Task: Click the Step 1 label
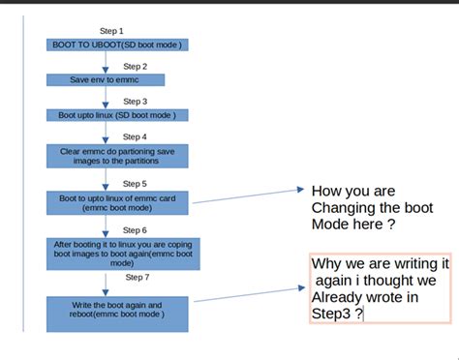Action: (111, 31)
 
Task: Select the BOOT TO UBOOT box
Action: (117, 45)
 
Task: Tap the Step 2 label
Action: (135, 67)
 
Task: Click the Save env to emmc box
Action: (106, 80)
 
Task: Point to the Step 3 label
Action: (135, 102)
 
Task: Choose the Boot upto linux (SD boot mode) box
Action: (117, 115)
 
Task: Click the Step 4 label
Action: (135, 136)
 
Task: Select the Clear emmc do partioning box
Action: (117, 156)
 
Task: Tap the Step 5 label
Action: (135, 184)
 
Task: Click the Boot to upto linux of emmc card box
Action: (117, 203)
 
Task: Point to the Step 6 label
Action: (135, 230)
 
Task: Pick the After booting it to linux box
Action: (123, 254)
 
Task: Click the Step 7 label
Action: (138, 277)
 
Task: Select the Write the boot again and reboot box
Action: (117, 315)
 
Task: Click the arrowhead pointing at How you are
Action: (300, 190)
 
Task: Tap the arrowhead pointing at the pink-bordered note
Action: (301, 287)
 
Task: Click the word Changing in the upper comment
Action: (343, 209)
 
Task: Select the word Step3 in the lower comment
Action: (331, 314)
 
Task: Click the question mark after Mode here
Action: (391, 225)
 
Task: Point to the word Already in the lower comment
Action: (337, 298)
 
